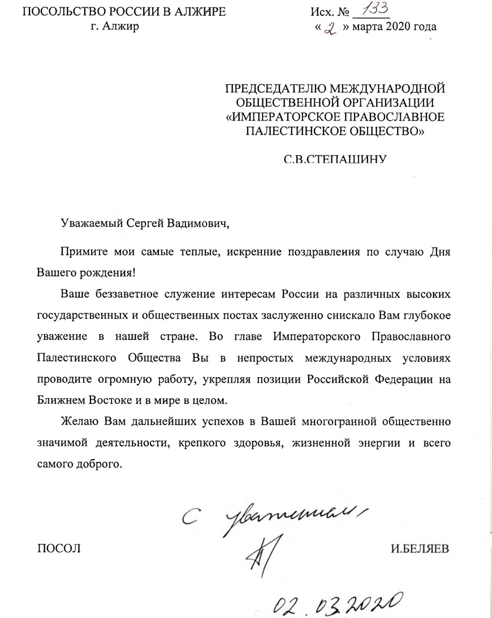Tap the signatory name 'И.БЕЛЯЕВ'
click(x=421, y=548)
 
